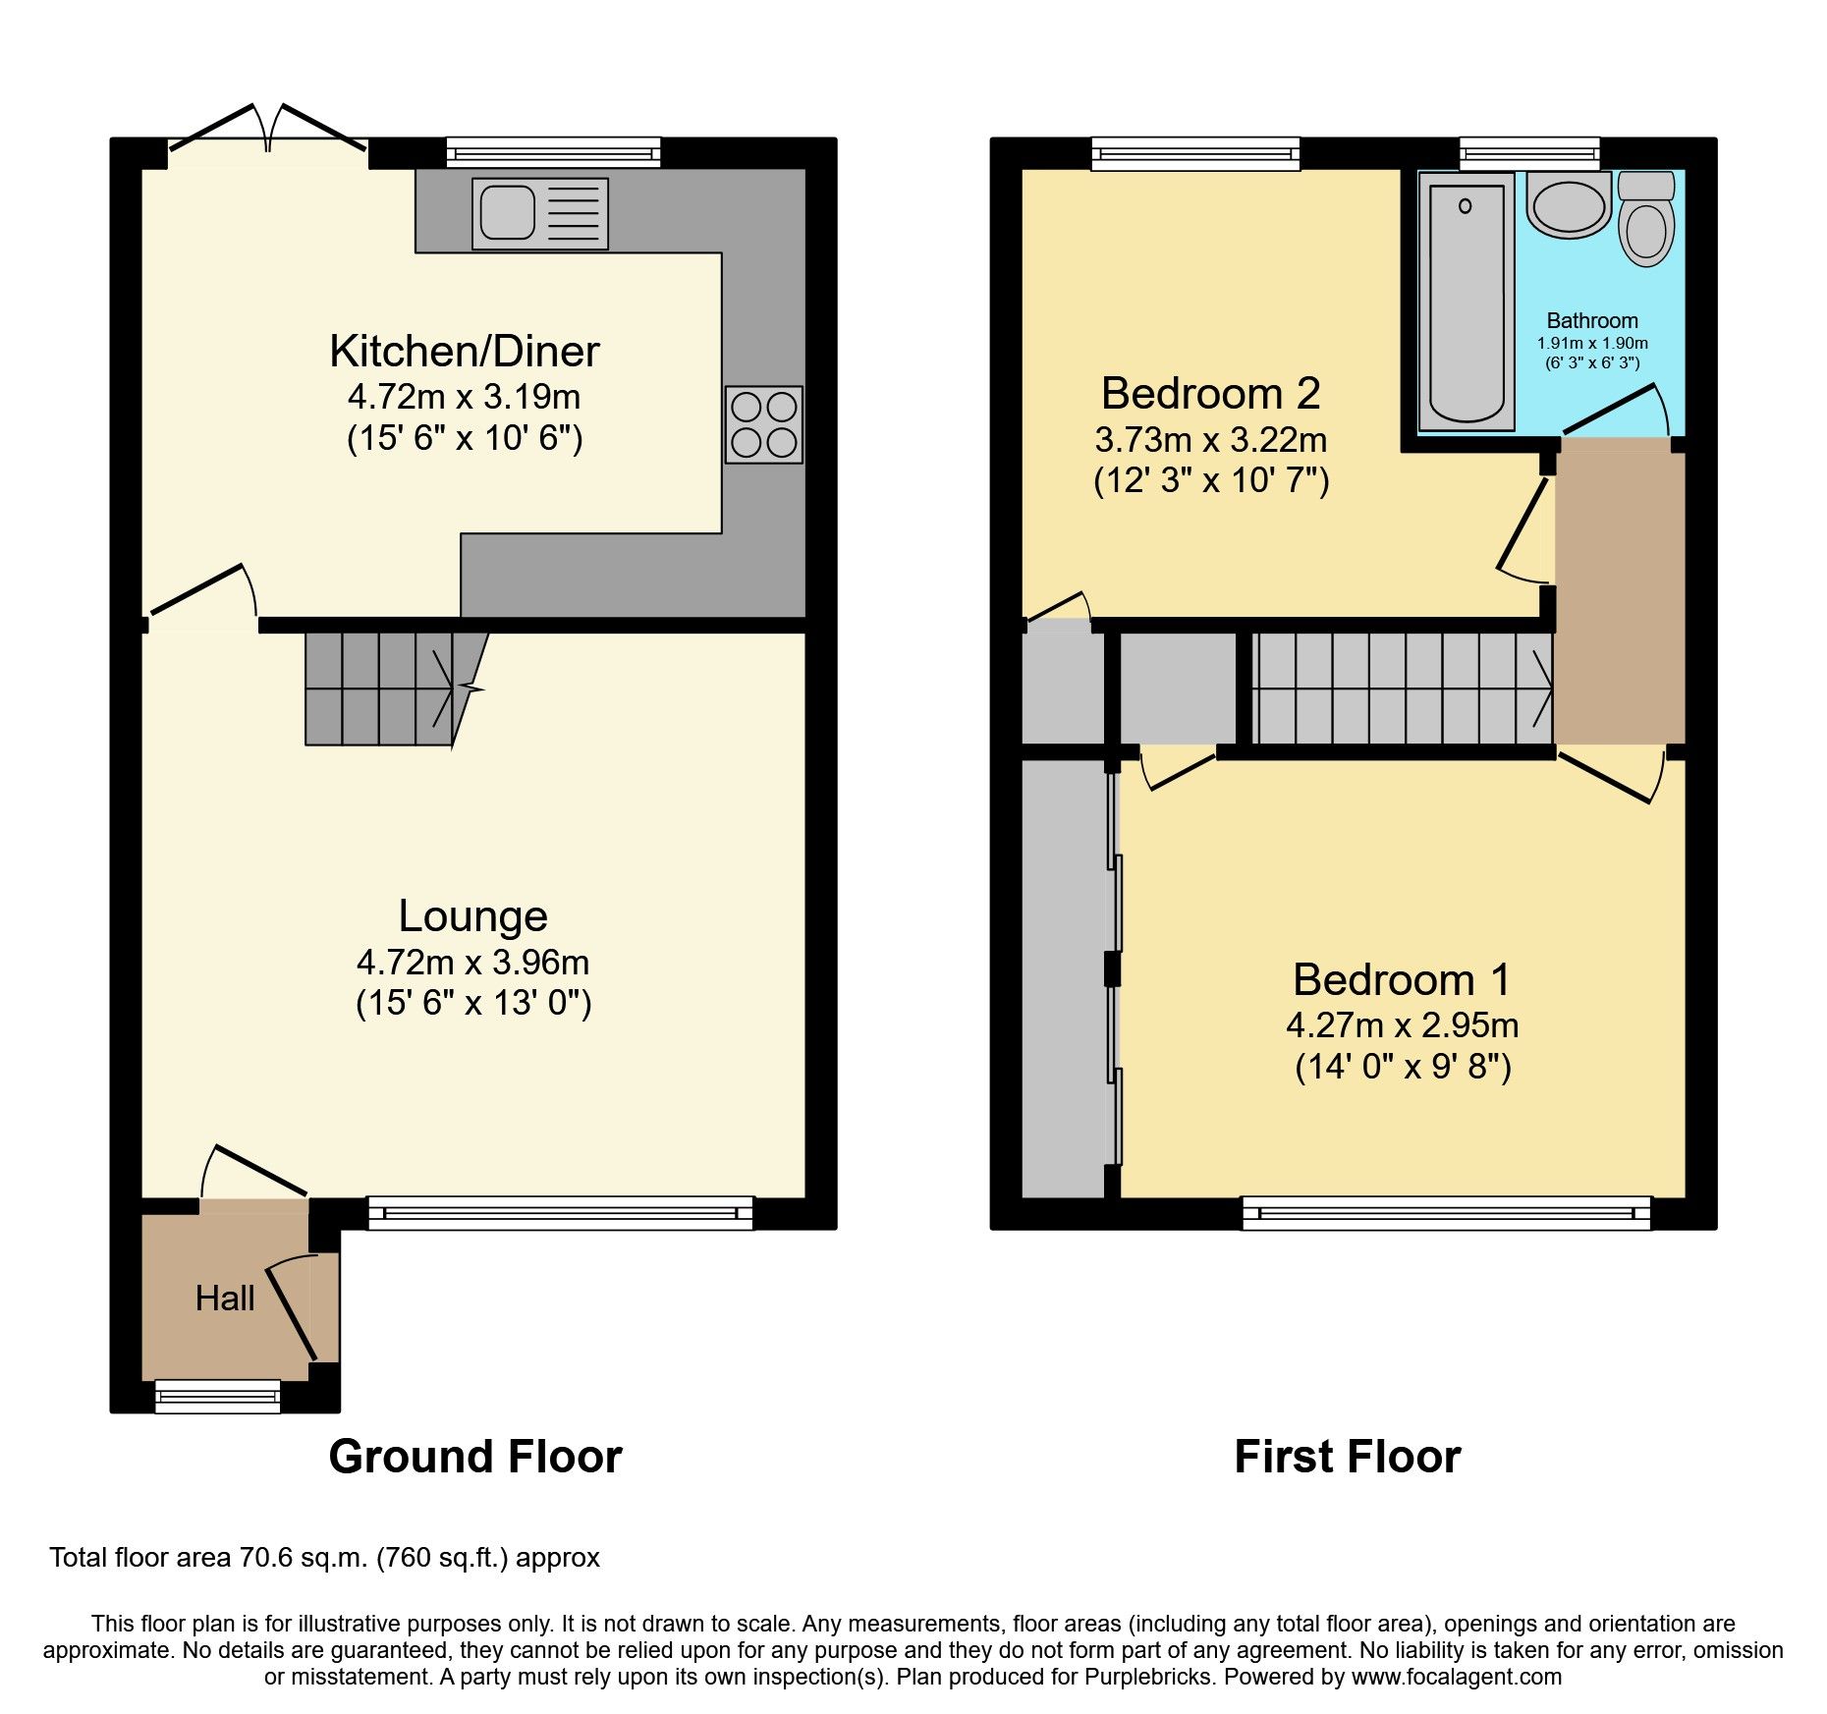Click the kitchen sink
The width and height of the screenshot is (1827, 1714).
539,213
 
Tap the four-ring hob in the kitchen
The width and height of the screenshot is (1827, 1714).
763,424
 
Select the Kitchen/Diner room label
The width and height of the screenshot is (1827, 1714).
464,352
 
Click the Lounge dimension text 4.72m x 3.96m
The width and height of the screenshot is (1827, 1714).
472,962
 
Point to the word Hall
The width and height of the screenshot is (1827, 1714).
225,1299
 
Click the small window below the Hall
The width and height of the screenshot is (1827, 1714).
217,1396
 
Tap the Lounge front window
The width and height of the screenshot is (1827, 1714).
560,1213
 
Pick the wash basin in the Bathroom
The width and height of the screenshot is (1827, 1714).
1569,206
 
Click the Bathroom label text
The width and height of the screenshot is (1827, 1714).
1591,320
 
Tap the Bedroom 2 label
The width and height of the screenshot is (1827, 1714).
1210,394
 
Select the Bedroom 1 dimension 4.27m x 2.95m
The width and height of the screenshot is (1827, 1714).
1402,1025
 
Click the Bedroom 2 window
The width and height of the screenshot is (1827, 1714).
1195,153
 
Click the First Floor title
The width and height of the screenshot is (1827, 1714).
1347,1457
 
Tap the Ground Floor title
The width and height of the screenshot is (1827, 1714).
475,1457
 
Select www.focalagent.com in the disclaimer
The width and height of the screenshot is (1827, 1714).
1456,1677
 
